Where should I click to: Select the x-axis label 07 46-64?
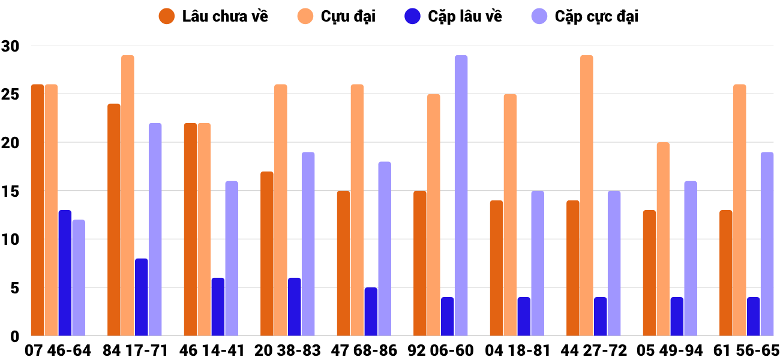tap(58, 350)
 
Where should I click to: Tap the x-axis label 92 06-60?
tap(440, 350)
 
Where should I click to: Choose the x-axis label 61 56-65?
tap(747, 350)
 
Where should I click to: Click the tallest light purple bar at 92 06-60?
tap(461, 196)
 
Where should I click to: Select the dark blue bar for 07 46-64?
tap(65, 273)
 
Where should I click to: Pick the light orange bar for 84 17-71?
tap(128, 196)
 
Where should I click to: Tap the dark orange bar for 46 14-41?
tap(190, 229)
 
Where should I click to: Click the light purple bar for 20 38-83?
tap(308, 244)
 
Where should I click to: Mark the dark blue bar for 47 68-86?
tap(371, 311)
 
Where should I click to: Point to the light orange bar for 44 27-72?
tap(587, 196)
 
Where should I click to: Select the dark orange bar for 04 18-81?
tap(496, 268)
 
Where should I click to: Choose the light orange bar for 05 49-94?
tap(663, 239)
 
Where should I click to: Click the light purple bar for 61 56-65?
tap(767, 244)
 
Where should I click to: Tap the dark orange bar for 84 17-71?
tap(114, 220)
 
